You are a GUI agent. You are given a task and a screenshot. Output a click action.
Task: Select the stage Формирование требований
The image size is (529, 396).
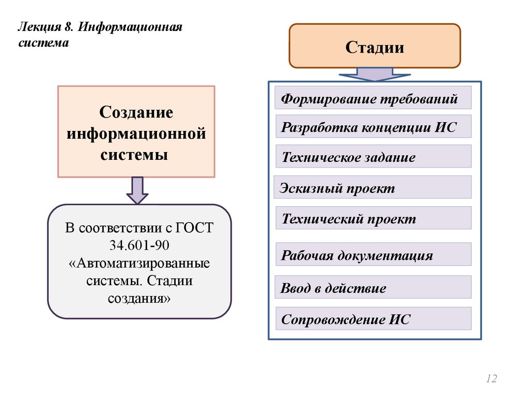(373, 98)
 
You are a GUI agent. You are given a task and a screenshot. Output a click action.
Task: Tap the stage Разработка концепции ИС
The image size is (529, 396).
(373, 127)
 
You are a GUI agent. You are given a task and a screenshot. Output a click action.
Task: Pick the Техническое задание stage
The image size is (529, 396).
(373, 156)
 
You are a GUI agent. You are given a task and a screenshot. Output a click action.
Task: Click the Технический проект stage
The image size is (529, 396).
(373, 218)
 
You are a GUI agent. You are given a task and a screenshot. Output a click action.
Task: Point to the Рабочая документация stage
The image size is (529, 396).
(373, 254)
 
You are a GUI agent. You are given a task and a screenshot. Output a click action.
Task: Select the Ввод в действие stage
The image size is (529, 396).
(373, 287)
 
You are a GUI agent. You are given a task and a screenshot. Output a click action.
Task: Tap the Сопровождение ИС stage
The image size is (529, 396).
(373, 319)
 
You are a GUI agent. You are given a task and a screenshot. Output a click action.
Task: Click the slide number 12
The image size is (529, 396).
(491, 379)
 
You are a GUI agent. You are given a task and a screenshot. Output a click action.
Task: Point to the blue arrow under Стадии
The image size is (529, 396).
(375, 75)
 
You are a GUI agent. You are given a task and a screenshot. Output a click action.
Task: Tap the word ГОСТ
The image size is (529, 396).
(194, 228)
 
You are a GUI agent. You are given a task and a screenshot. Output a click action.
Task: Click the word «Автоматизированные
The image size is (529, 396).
(139, 263)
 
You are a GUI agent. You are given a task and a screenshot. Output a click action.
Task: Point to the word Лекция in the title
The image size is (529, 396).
(36, 26)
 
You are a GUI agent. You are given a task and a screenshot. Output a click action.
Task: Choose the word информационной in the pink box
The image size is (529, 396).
(136, 134)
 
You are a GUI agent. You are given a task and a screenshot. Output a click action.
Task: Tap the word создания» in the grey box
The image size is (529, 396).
(139, 298)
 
